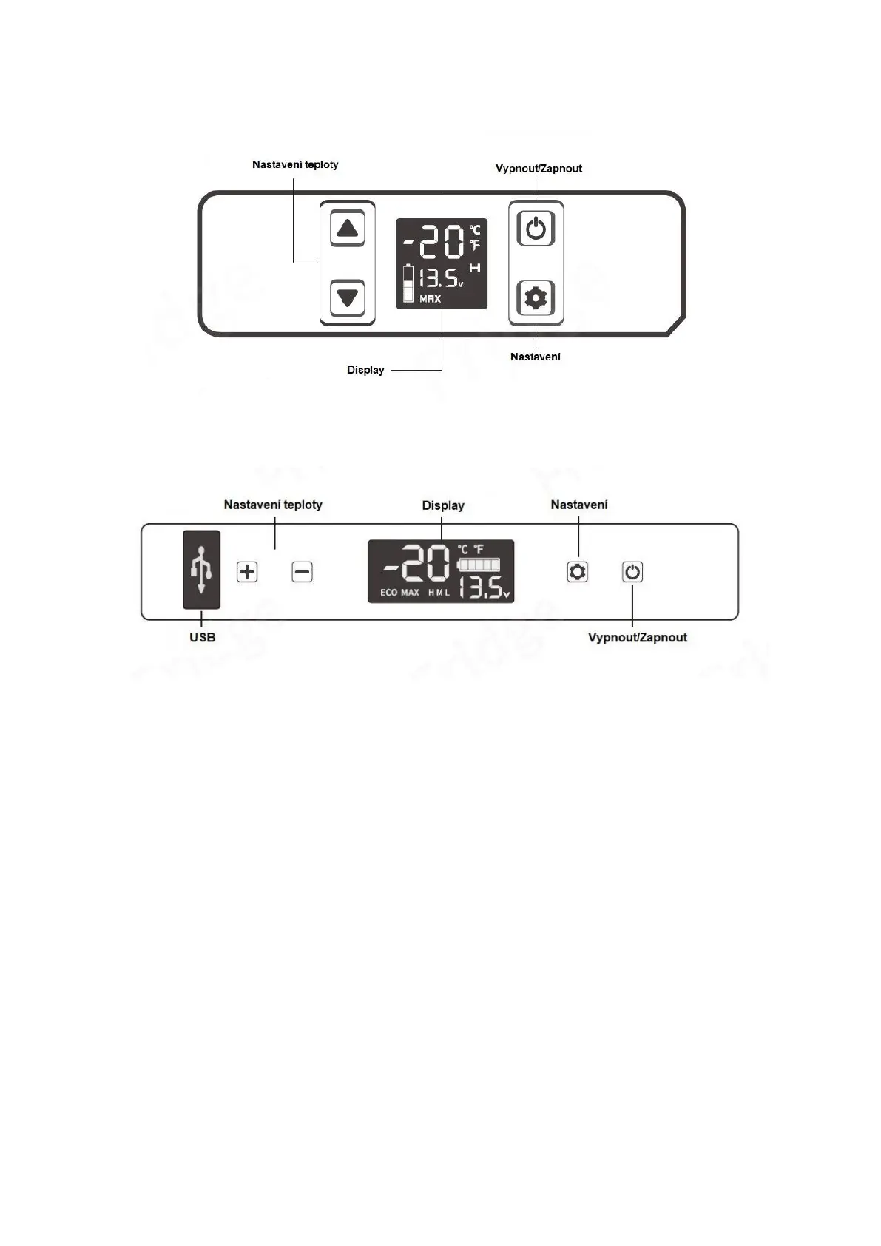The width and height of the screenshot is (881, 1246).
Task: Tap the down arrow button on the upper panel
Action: pyautogui.click(x=347, y=297)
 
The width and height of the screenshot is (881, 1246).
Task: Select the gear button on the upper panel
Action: pyautogui.click(x=536, y=298)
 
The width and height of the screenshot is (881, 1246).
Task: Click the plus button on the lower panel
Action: pyautogui.click(x=247, y=572)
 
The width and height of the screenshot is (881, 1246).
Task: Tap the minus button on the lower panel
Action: pyautogui.click(x=302, y=572)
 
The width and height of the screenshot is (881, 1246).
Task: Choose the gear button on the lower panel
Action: pyautogui.click(x=578, y=572)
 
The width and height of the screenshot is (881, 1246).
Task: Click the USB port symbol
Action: pyautogui.click(x=201, y=570)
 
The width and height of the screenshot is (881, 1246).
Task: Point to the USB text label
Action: pyautogui.click(x=202, y=637)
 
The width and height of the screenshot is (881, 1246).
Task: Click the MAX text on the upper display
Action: pyautogui.click(x=430, y=299)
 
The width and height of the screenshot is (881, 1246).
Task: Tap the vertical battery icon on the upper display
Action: pyautogui.click(x=408, y=283)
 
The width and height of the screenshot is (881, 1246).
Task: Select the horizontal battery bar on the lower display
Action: pyautogui.click(x=479, y=565)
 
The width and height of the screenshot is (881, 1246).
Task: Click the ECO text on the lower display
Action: pyautogui.click(x=388, y=593)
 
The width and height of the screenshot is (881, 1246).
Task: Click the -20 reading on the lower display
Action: pyautogui.click(x=416, y=565)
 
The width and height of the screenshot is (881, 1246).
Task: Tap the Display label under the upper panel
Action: pyautogui.click(x=365, y=370)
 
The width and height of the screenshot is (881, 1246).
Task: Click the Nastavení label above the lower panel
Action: pyautogui.click(x=578, y=505)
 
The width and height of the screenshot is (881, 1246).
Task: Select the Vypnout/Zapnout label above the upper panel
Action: pyautogui.click(x=539, y=169)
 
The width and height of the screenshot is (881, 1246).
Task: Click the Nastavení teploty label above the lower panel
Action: pyautogui.click(x=273, y=505)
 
